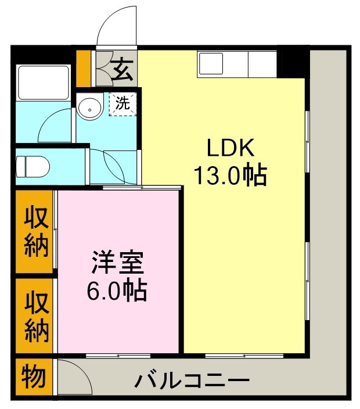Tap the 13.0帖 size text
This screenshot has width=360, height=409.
pyautogui.click(x=230, y=174)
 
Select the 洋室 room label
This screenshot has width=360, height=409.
pyautogui.click(x=117, y=263)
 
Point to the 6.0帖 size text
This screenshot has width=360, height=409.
pyautogui.click(x=116, y=290)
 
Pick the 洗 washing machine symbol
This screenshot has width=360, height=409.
pyautogui.click(x=122, y=104)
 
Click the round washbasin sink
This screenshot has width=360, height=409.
pyautogui.click(x=89, y=107)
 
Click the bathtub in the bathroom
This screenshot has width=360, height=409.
pyautogui.click(x=44, y=82)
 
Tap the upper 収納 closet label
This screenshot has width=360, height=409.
pyautogui.click(x=35, y=231)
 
